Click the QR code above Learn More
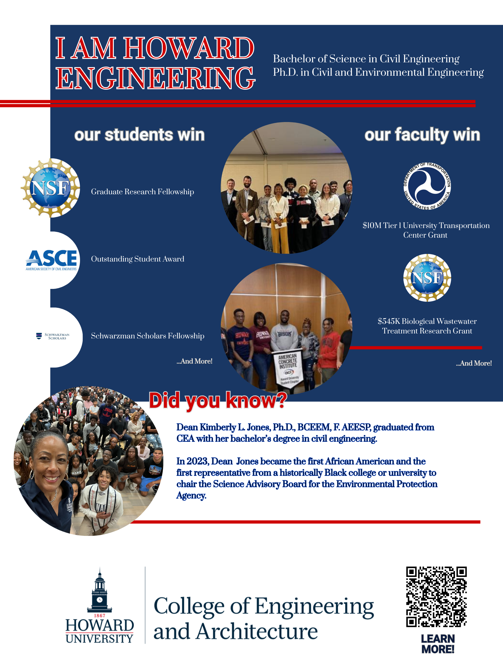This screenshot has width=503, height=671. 436,596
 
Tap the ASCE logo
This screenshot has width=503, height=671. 51,260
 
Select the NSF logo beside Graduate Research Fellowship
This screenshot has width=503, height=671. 50,188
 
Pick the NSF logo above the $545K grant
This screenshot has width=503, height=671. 427,278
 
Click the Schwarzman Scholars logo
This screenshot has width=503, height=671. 52,336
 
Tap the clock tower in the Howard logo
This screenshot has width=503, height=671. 100,591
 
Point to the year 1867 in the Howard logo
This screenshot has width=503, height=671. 100,615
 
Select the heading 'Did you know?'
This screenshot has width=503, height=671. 218,400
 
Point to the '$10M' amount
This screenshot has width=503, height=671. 372,225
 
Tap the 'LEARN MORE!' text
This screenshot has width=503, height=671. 438,644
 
